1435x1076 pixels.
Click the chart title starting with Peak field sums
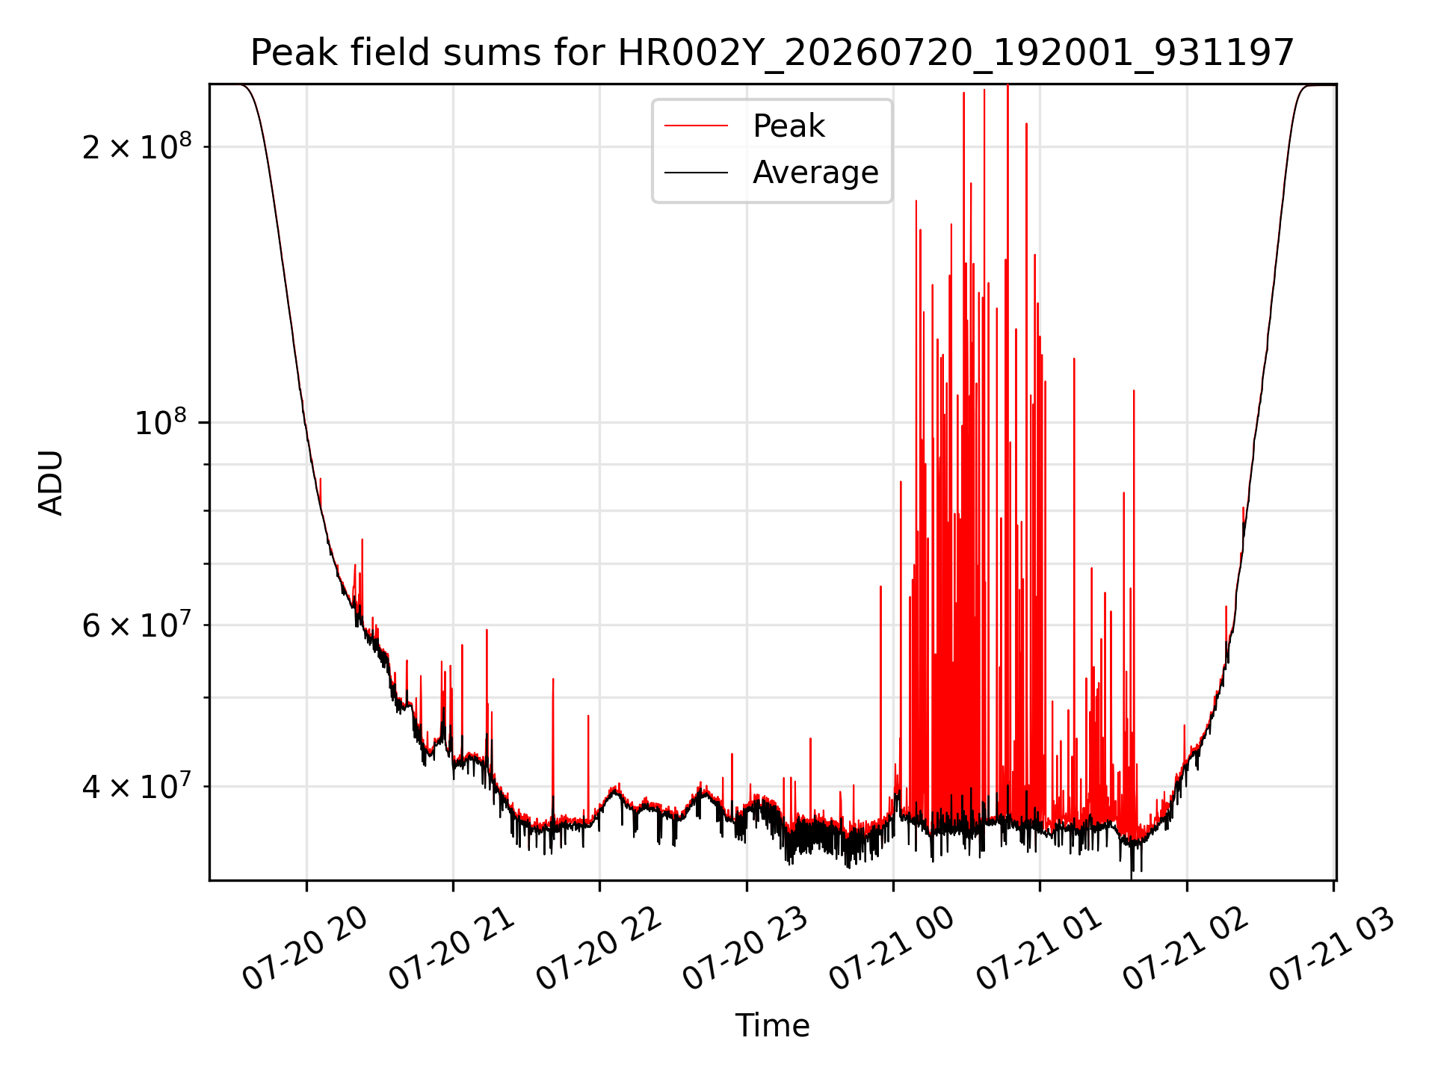coord(772,53)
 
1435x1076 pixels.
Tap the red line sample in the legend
coord(696,126)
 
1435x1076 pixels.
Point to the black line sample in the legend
coord(696,173)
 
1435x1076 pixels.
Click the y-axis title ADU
coord(51,483)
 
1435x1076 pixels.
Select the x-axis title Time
coord(772,1025)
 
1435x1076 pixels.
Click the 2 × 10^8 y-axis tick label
coord(137,146)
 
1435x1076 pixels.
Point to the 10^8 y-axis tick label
coord(161,422)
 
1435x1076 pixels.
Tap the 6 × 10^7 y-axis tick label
coord(137,624)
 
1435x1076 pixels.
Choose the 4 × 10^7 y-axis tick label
coord(137,785)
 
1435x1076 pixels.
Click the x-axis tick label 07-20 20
coord(305,948)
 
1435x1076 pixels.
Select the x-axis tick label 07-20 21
coord(452,948)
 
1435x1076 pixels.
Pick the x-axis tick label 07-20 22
coord(599,948)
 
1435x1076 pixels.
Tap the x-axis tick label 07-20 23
coord(745,948)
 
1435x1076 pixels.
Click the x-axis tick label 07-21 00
coord(892,948)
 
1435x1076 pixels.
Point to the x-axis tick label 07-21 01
coord(1039,948)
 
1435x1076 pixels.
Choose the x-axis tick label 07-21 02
coord(1185,948)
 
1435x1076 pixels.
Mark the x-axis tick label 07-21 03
coord(1332,948)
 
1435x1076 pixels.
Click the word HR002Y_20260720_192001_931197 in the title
coord(955,53)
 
